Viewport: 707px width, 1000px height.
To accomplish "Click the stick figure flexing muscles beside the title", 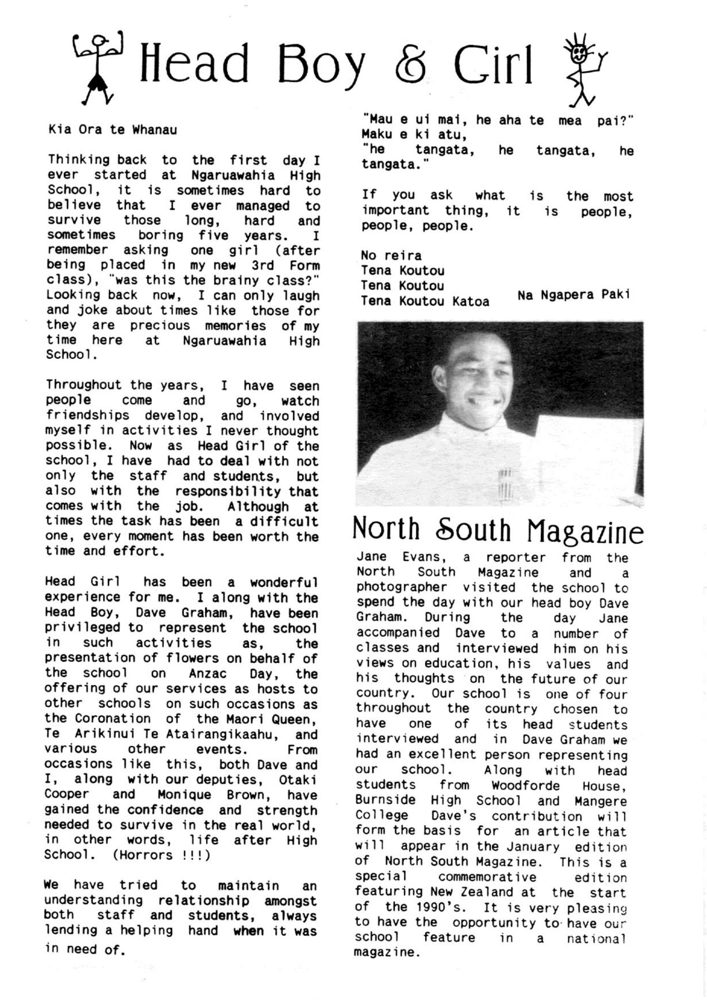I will click(x=98, y=67).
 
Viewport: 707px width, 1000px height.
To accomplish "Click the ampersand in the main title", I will click(x=412, y=67).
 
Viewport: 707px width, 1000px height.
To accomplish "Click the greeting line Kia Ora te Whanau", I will click(x=113, y=130).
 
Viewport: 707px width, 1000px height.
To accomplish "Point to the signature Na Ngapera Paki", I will click(x=574, y=295).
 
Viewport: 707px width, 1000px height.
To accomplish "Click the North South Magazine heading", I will click(x=497, y=530).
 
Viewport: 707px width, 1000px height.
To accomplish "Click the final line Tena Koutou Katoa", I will click(x=425, y=301).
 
